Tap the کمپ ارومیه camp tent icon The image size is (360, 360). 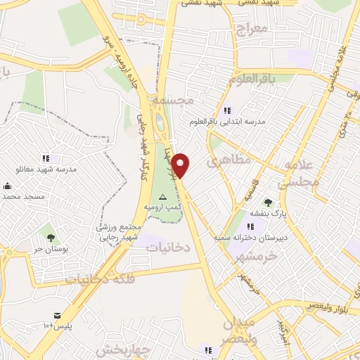[163, 197]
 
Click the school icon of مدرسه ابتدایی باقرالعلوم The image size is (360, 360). [226, 110]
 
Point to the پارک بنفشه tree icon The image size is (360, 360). [268, 202]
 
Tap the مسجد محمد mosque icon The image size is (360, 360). [7, 186]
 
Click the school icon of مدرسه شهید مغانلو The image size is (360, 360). [46, 158]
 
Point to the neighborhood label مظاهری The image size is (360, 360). [229, 160]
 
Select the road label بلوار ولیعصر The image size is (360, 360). [330, 306]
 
